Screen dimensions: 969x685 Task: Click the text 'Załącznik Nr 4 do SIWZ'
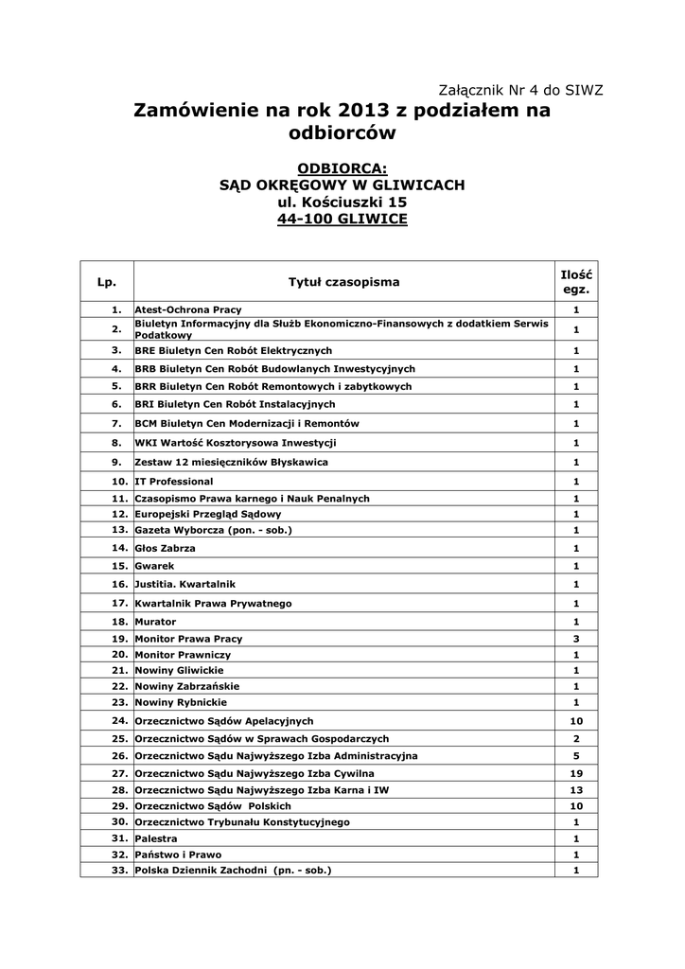tap(521, 90)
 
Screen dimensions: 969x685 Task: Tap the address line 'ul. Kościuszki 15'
tap(342, 203)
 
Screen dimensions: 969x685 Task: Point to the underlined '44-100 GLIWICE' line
tap(342, 220)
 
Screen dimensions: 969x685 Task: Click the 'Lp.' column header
tap(107, 282)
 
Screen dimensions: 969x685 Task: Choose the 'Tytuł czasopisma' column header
tap(343, 282)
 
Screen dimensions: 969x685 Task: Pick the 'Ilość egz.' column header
tap(576, 282)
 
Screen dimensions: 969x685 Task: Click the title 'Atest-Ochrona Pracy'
tap(188, 309)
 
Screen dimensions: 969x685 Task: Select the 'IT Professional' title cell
tap(174, 482)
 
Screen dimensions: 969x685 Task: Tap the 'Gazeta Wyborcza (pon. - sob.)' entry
tap(213, 530)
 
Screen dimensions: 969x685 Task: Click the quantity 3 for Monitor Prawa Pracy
tap(576, 639)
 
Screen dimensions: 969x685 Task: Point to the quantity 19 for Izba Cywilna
tap(576, 773)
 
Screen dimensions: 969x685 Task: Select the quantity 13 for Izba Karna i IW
tap(576, 789)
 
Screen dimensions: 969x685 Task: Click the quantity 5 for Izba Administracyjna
tap(576, 756)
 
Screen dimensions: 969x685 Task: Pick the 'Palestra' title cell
tap(156, 838)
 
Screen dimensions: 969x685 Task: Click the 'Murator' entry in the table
tap(155, 622)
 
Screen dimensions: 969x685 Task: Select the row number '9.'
tap(116, 462)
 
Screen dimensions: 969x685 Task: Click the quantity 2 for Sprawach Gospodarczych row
tap(576, 738)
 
